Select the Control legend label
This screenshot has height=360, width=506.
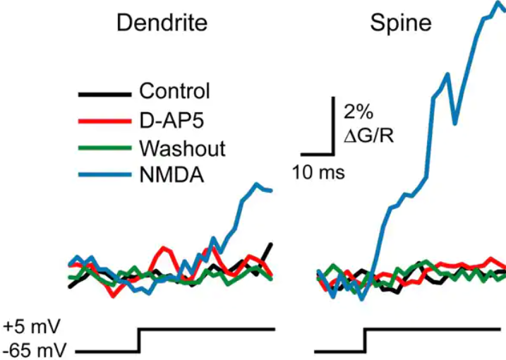175,92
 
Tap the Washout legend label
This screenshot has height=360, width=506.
182,149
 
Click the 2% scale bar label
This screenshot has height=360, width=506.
356,111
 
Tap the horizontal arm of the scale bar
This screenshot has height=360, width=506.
316,152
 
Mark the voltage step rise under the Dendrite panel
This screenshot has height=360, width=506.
138,340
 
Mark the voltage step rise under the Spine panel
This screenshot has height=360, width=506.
365,340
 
